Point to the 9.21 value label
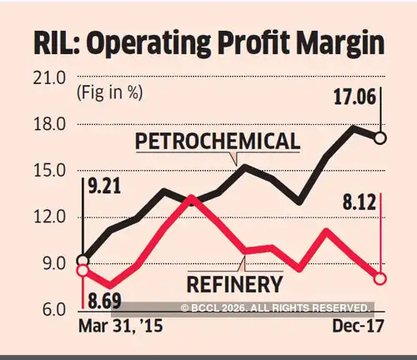[x=106, y=185]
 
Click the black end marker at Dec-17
[x=380, y=137]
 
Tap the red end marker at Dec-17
[x=380, y=278]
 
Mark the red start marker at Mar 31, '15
[x=82, y=269]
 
